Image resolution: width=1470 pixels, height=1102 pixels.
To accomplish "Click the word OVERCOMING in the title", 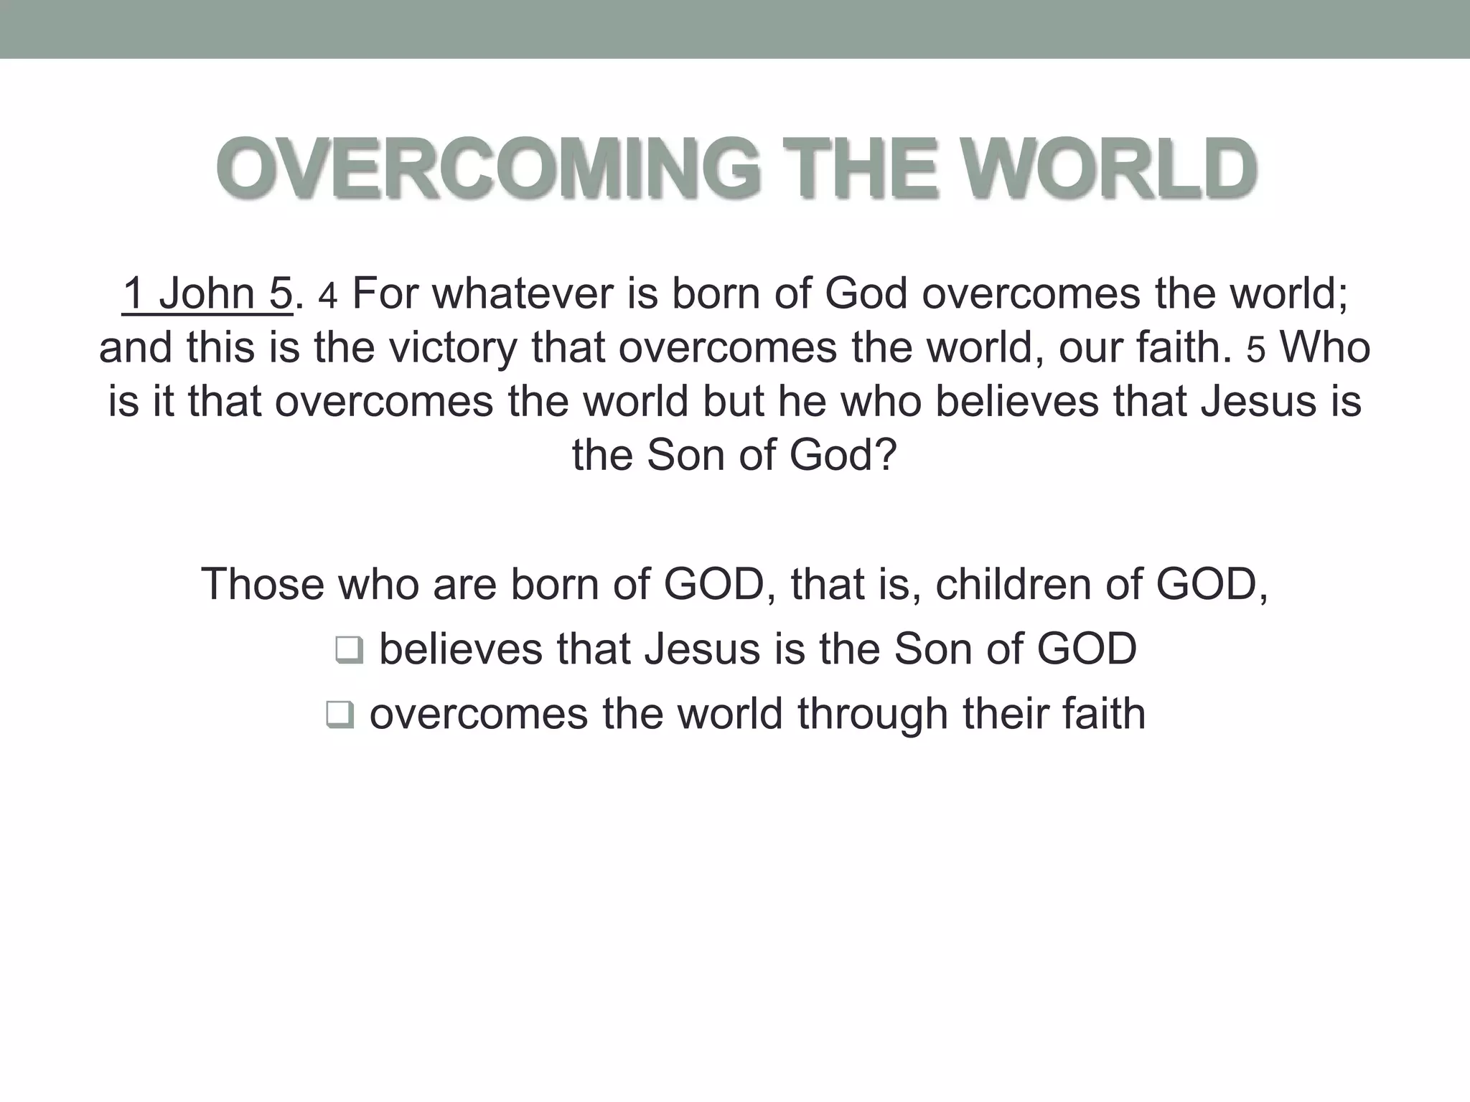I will [487, 169].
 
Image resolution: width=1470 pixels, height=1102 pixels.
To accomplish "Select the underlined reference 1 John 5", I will [207, 294].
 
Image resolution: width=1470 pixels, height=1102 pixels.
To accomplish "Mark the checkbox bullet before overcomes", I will [340, 716].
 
